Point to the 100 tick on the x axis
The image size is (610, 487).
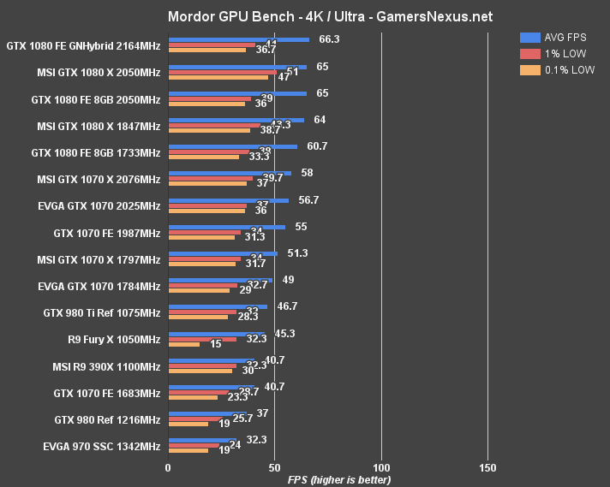point(381,468)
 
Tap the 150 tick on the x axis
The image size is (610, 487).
point(487,468)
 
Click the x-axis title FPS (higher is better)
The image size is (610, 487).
point(339,479)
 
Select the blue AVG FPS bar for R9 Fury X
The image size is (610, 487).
point(216,333)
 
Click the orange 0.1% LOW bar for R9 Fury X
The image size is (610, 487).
point(183,345)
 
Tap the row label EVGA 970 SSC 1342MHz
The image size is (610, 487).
point(100,446)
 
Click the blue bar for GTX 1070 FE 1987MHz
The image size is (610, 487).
point(226,227)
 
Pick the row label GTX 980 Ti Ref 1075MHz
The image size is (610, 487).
point(102,312)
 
